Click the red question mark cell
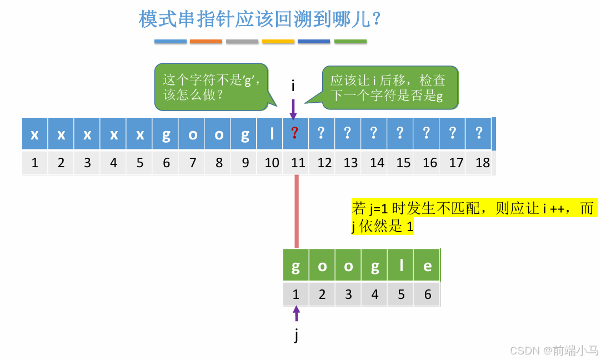tap(296, 134)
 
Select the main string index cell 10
tap(272, 163)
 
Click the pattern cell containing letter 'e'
tap(427, 266)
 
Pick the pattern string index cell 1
tap(296, 294)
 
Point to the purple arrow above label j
tap(296, 313)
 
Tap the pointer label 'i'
tap(293, 86)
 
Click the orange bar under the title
tap(206, 42)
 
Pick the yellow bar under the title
tap(278, 42)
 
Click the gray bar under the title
tap(242, 42)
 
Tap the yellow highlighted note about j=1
tap(473, 217)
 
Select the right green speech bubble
tap(389, 88)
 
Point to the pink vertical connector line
tap(297, 211)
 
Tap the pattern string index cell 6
tap(427, 294)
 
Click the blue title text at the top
tap(260, 19)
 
